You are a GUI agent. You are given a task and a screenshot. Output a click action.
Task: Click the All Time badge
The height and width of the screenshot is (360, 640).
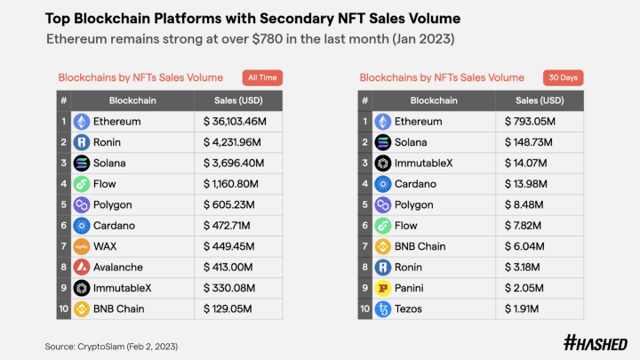[x=262, y=77]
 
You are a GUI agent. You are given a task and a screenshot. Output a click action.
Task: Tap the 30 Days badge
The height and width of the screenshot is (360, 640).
[x=564, y=77]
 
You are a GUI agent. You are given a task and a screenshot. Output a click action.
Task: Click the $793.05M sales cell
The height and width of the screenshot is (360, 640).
[x=534, y=122]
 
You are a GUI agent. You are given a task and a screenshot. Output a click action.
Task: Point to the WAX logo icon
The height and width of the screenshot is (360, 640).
[x=82, y=246]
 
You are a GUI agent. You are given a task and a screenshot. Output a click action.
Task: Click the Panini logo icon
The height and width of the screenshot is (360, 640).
[x=382, y=288]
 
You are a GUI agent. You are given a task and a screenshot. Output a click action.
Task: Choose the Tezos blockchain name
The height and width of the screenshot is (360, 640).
[x=411, y=308]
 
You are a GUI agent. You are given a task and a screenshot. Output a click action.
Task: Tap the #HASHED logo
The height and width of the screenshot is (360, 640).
[x=596, y=342]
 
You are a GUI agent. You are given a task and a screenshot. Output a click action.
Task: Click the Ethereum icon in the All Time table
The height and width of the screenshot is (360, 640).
[x=82, y=122]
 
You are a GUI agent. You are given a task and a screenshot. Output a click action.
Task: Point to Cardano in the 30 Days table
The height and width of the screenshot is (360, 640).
[x=415, y=184]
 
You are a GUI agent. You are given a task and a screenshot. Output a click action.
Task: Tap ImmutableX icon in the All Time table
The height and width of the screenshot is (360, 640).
[x=82, y=288]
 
